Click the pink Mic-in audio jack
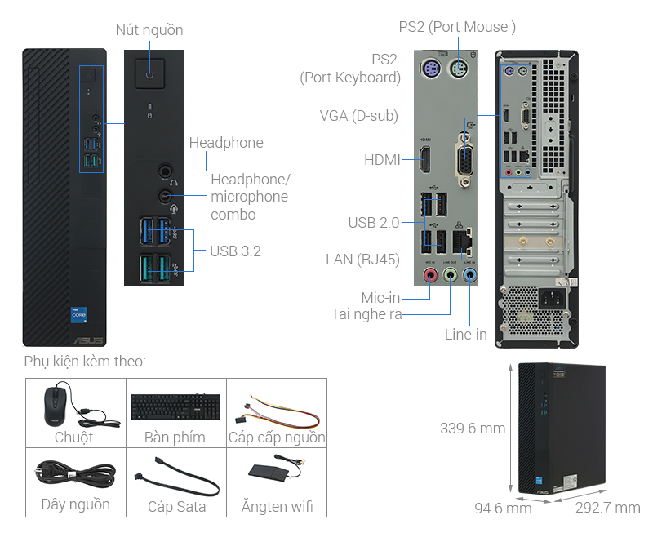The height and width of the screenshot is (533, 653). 431,276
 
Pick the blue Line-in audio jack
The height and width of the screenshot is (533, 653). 470,276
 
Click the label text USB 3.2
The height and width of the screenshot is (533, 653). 235,251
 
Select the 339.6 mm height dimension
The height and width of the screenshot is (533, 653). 472,428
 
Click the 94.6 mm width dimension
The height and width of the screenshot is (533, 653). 503,508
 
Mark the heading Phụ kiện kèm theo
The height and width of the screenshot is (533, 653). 85,361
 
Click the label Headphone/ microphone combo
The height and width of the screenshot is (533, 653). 249,197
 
